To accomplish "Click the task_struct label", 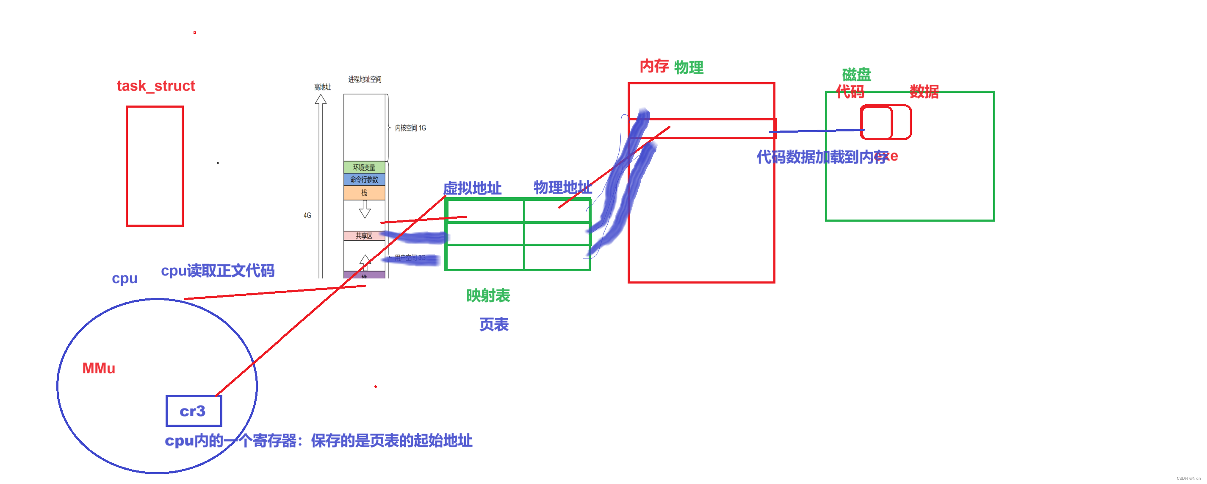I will [x=155, y=86].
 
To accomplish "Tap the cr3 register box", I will [x=194, y=411].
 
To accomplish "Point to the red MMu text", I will [x=98, y=368].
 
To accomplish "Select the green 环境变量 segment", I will [x=364, y=167].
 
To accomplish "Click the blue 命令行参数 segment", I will [x=364, y=180].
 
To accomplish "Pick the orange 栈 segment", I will [x=364, y=193].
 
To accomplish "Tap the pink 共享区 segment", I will [x=364, y=236].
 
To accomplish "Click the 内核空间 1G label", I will [x=410, y=128].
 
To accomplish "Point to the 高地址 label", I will [x=322, y=87].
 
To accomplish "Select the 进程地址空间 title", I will [x=365, y=79].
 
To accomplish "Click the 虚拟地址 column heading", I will [x=472, y=189].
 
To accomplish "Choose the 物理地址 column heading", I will [x=562, y=188].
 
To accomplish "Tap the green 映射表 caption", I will [x=488, y=295].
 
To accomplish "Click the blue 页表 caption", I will [x=494, y=325].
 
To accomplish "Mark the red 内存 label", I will [x=654, y=66].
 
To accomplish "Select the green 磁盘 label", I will [x=856, y=75].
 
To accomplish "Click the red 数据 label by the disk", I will [x=924, y=92].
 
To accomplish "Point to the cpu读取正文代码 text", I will [x=217, y=271].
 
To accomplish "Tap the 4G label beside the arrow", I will [x=307, y=215].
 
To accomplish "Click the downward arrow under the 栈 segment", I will [x=365, y=209].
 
